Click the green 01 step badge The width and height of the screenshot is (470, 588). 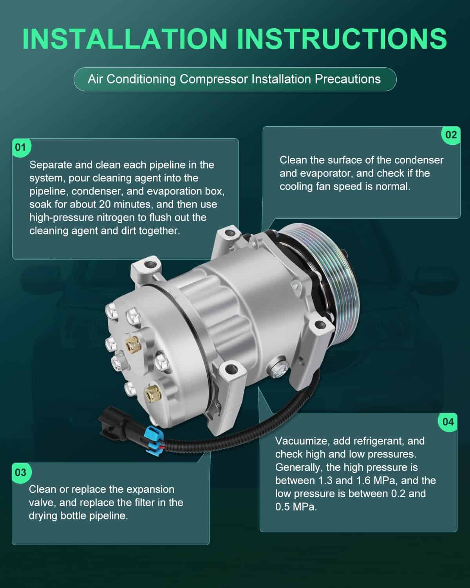click(x=21, y=148)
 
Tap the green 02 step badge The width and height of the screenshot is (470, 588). click(x=451, y=135)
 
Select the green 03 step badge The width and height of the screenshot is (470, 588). click(x=21, y=473)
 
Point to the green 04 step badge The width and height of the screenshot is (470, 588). click(x=448, y=422)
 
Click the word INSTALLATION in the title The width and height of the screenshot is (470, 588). click(x=125, y=39)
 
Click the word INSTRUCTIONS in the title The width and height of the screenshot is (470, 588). click(x=342, y=39)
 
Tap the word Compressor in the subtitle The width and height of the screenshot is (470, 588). click(x=214, y=79)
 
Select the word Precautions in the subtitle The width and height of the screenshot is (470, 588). click(x=348, y=79)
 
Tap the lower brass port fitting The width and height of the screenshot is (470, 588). click(x=153, y=393)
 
